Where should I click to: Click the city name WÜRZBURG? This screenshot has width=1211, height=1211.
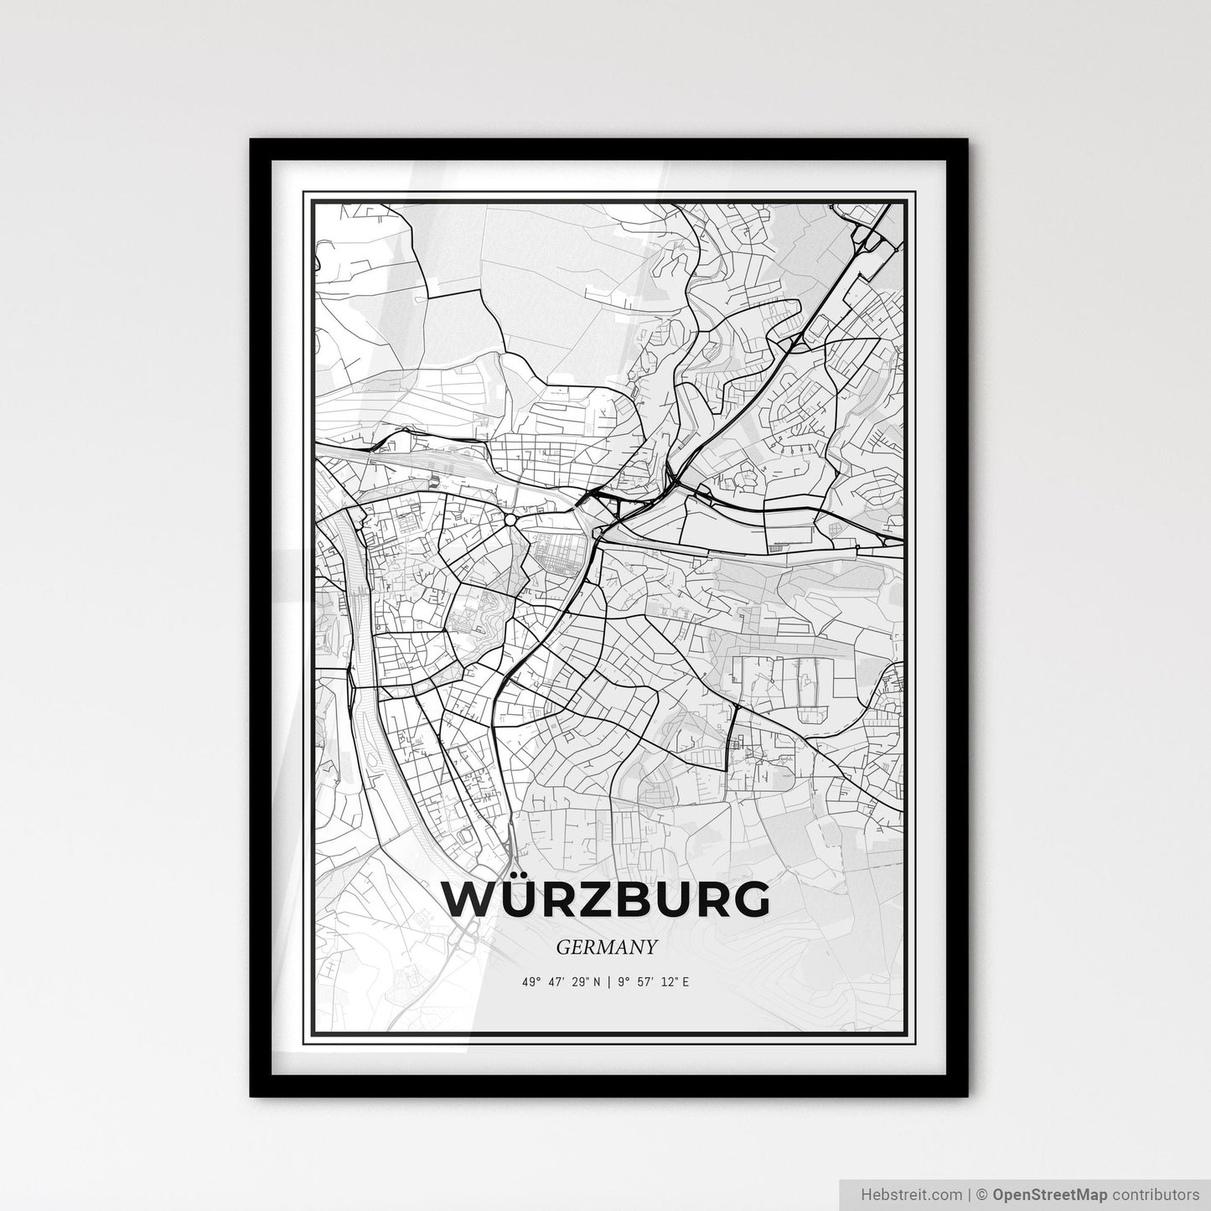(x=605, y=900)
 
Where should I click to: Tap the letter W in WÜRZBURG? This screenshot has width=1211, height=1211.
(x=471, y=900)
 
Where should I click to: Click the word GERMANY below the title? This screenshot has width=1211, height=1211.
(x=605, y=946)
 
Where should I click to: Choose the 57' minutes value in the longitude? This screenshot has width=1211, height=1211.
(x=643, y=981)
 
